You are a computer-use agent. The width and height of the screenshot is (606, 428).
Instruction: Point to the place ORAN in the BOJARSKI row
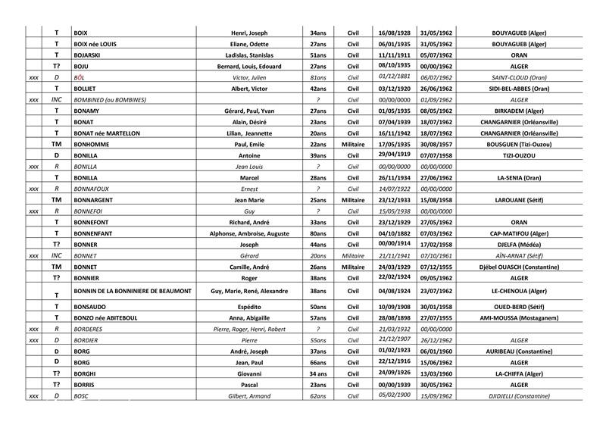tap(519, 55)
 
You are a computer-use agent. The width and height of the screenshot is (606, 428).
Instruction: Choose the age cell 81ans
tap(317, 77)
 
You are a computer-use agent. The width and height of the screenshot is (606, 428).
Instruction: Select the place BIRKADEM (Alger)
tap(519, 111)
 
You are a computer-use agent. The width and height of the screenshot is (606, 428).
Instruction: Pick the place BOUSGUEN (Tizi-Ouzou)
tap(519, 144)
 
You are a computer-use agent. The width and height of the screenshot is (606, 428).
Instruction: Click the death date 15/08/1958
tap(436, 199)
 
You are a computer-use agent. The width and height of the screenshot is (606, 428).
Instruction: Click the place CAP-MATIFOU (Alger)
tap(519, 233)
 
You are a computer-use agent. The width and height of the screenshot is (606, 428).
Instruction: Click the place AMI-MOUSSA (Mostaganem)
tap(519, 318)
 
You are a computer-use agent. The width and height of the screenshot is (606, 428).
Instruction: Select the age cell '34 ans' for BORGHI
tap(317, 373)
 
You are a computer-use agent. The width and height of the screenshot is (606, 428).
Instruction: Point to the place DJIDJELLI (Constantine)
tap(519, 396)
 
